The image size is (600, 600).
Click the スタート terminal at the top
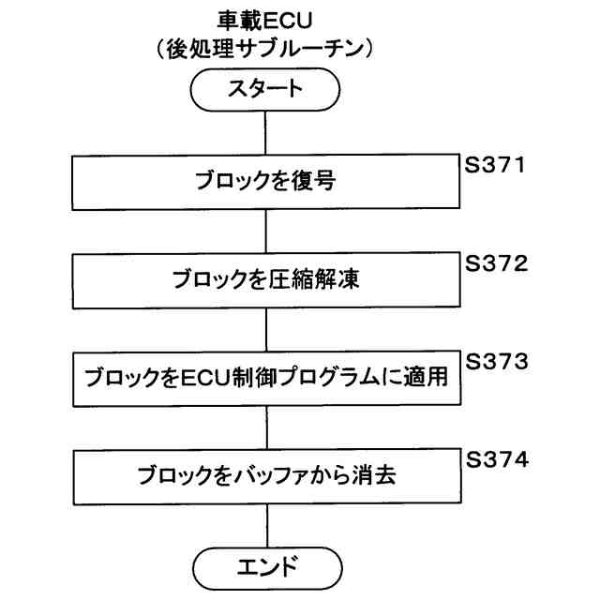[x=267, y=91]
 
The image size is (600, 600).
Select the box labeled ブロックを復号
[x=267, y=182]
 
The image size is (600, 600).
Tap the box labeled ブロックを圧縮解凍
[x=267, y=280]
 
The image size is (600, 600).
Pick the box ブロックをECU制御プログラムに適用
[x=267, y=380]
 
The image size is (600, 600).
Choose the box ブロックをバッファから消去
[x=267, y=476]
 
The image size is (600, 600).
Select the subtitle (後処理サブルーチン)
[x=266, y=49]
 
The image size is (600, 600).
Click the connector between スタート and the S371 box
[x=267, y=133]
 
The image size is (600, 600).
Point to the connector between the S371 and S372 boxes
[x=267, y=232]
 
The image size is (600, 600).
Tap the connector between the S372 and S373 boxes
[x=267, y=330]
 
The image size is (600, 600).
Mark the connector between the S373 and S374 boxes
[x=267, y=428]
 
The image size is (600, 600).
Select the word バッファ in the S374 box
[x=279, y=476]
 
